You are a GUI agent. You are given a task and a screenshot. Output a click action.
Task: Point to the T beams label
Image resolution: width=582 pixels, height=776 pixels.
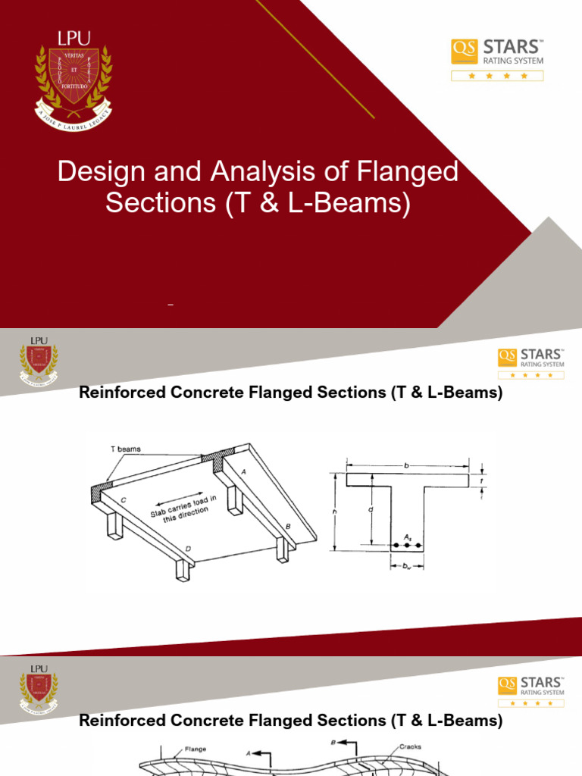(125, 449)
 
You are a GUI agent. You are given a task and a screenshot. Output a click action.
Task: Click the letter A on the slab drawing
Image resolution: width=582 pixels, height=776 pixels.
(244, 471)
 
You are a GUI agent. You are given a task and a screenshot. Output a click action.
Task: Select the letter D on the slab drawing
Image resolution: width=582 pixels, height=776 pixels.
(187, 549)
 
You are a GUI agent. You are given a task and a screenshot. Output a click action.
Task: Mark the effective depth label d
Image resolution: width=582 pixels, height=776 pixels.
(371, 510)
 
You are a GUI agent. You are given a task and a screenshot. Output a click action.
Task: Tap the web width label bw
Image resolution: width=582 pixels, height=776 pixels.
(407, 565)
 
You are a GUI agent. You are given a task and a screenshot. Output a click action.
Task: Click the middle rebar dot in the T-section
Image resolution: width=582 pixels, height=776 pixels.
(407, 545)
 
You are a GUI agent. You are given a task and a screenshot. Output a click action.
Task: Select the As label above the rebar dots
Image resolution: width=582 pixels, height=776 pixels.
(407, 535)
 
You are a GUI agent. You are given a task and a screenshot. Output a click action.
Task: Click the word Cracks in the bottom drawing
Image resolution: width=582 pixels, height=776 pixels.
(413, 746)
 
